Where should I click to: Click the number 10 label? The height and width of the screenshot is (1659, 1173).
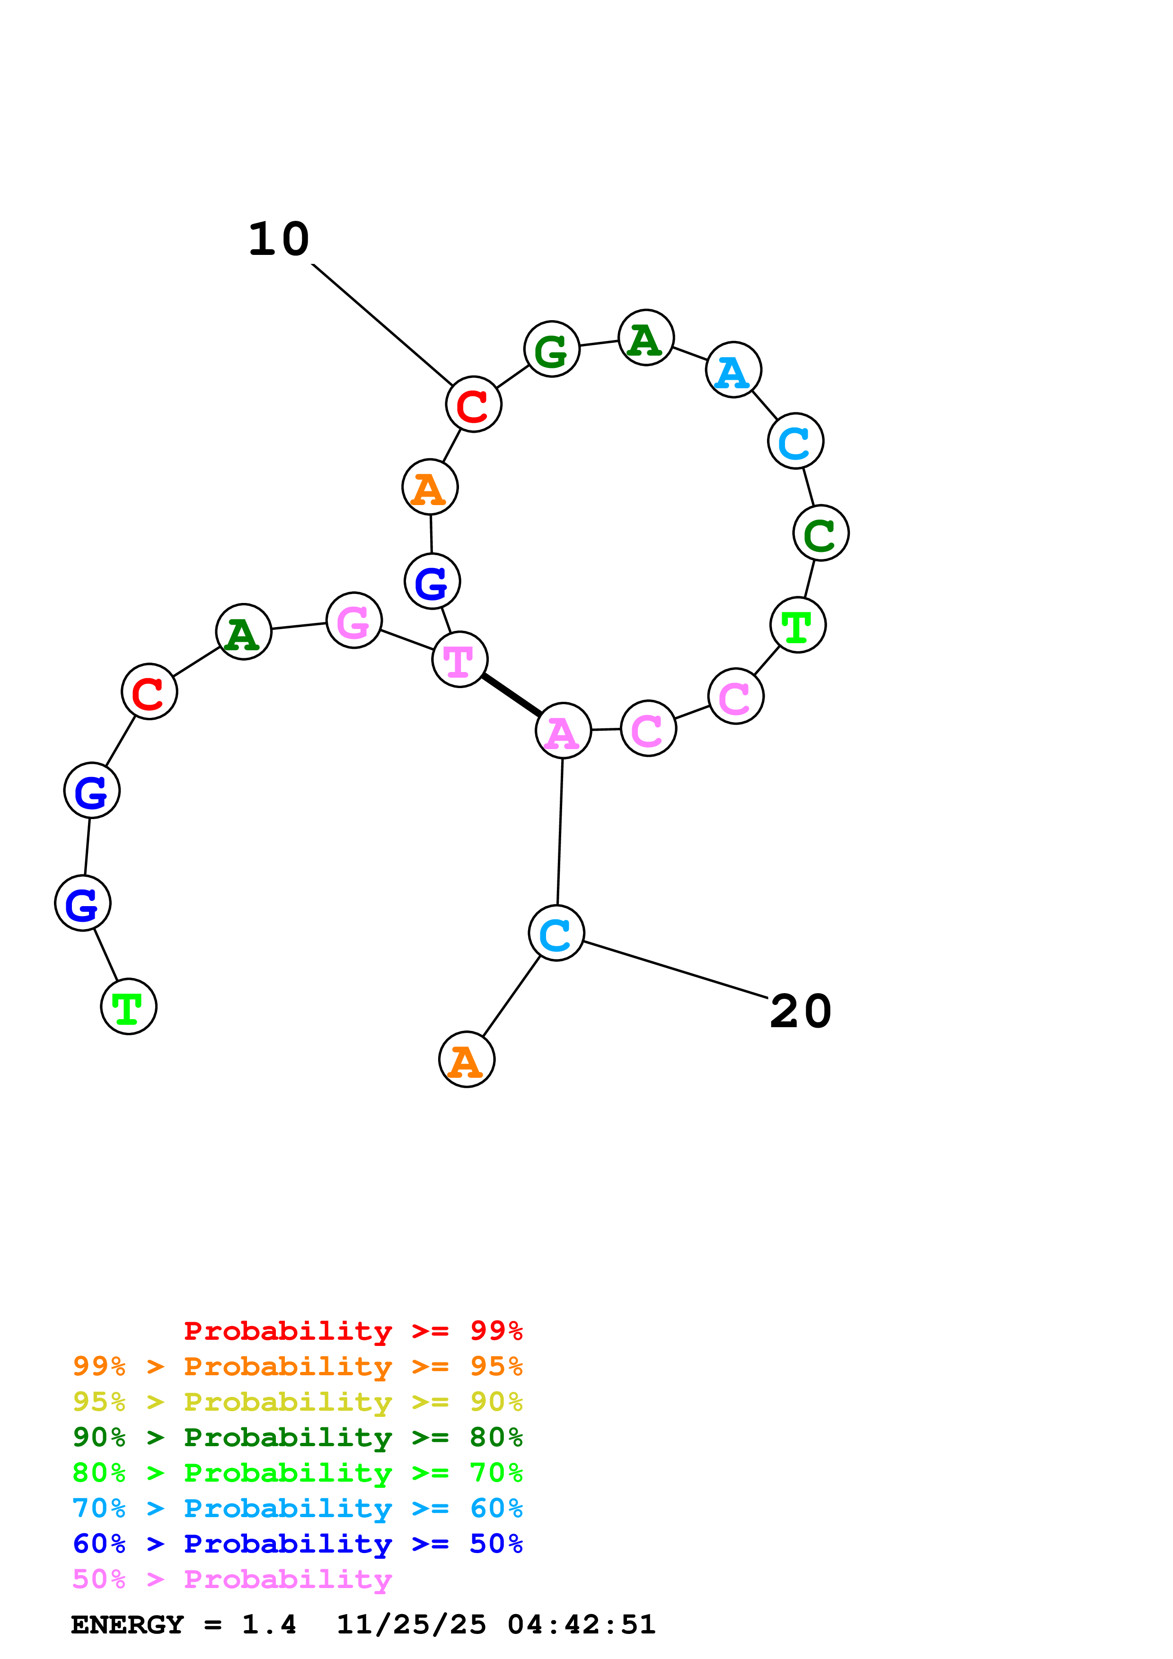point(279,239)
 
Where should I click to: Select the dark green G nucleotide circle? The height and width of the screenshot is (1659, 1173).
point(551,349)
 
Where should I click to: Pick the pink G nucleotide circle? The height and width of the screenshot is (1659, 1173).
point(353,620)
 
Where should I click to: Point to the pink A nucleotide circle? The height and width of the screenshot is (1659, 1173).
point(563,731)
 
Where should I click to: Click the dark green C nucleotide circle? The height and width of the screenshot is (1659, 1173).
point(820,533)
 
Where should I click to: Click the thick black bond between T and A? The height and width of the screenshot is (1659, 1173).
point(512,694)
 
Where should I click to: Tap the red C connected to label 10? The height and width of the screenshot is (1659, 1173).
point(473,405)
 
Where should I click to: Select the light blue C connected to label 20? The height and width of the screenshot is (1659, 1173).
point(556,933)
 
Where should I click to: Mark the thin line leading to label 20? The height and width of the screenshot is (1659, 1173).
point(675,969)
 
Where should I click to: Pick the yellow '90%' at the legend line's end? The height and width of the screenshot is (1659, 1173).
point(496,1402)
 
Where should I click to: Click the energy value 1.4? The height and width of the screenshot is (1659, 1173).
point(269,1624)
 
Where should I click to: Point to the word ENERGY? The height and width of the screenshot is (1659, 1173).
point(127,1624)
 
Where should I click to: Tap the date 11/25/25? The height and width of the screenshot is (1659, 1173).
point(411,1624)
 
